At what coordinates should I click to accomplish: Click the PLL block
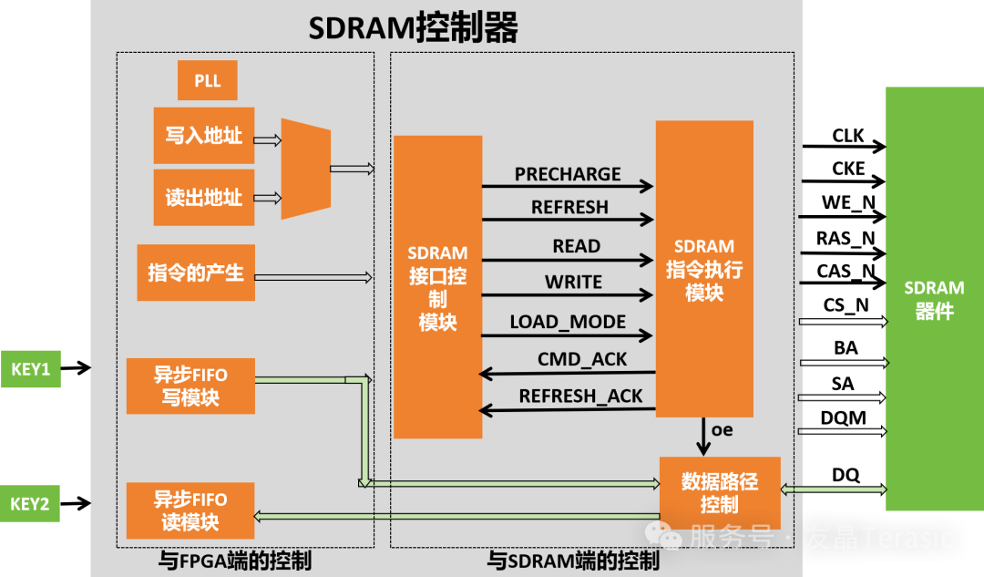click(x=207, y=80)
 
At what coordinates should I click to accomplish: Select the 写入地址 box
click(x=203, y=136)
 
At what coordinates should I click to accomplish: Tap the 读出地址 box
click(x=203, y=197)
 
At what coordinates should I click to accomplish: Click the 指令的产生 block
click(x=196, y=273)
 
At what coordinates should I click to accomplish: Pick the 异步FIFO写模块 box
click(x=190, y=386)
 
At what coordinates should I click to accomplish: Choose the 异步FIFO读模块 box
click(x=190, y=510)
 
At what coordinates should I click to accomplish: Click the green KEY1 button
click(x=30, y=369)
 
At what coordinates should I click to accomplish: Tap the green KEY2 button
click(x=30, y=503)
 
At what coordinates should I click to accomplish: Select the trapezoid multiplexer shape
click(x=305, y=169)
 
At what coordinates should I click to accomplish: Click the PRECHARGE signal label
click(x=568, y=174)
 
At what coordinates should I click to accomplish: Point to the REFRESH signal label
click(x=569, y=208)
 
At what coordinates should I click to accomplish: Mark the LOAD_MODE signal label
click(x=568, y=322)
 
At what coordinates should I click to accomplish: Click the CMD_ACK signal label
click(x=582, y=359)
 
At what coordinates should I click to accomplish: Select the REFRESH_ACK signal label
click(x=580, y=397)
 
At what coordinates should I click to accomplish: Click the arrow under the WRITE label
click(x=568, y=294)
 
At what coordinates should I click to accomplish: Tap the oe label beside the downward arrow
click(x=722, y=429)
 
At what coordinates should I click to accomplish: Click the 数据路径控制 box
click(x=720, y=492)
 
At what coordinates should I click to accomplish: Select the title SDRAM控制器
click(x=413, y=28)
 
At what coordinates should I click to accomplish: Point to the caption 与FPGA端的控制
click(x=234, y=561)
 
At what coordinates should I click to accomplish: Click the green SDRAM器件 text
click(x=934, y=300)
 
